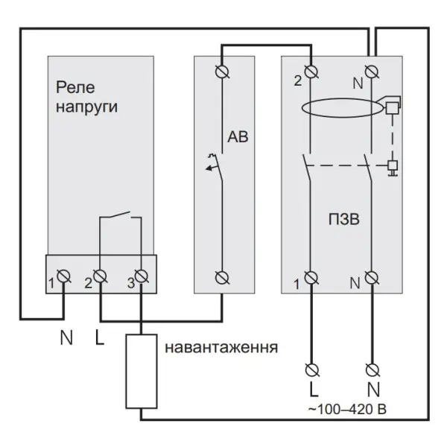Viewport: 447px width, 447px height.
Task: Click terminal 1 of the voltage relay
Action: (x=63, y=276)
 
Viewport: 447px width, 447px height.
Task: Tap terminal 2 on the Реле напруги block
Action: (x=100, y=276)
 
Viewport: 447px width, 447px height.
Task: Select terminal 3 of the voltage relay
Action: (x=141, y=276)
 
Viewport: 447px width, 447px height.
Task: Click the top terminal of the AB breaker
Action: (x=222, y=72)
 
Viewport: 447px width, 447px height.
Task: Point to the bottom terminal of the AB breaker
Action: (x=222, y=278)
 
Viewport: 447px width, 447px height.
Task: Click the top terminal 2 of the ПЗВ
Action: (x=311, y=72)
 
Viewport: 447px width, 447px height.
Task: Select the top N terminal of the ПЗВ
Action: (x=372, y=72)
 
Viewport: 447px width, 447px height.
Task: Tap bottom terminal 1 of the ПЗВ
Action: (x=311, y=278)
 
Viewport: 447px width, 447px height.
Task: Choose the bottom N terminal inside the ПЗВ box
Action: (x=372, y=278)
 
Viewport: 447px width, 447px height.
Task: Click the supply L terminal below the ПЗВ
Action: (x=312, y=370)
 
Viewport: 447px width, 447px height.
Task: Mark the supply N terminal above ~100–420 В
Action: (x=372, y=370)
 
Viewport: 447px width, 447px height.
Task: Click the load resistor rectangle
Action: (x=142, y=372)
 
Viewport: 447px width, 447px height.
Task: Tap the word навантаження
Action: (x=221, y=348)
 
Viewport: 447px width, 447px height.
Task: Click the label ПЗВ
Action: (x=343, y=220)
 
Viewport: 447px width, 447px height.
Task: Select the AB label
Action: (x=238, y=137)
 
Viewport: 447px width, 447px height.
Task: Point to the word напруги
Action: (x=86, y=107)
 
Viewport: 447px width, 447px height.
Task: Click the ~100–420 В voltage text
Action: (x=347, y=409)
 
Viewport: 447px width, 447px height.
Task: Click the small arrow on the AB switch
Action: (x=210, y=168)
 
